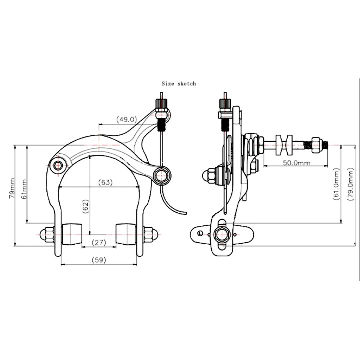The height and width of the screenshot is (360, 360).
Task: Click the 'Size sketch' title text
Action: pyautogui.click(x=179, y=84)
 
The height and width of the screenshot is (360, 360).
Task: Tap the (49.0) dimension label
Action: pyautogui.click(x=127, y=119)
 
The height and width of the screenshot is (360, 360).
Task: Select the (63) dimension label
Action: pyautogui.click(x=105, y=182)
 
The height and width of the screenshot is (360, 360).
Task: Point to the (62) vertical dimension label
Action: pyautogui.click(x=85, y=207)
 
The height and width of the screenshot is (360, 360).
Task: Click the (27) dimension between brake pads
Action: pyautogui.click(x=99, y=242)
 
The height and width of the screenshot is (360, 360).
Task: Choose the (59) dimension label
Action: pyautogui.click(x=99, y=260)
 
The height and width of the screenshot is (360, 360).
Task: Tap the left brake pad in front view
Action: pyautogui.click(x=72, y=234)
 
